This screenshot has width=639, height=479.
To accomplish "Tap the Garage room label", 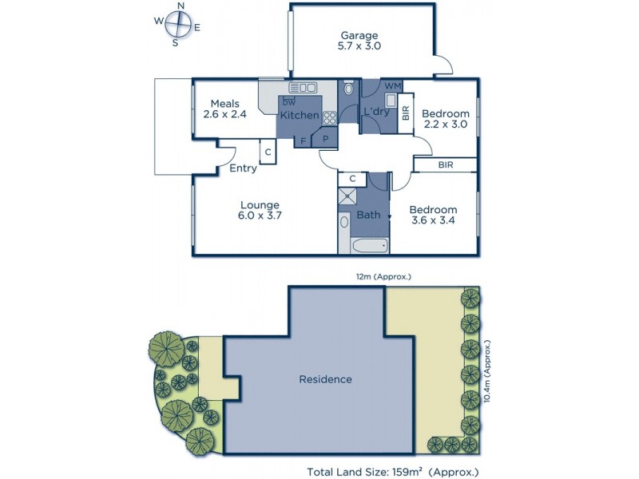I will pos(360,41).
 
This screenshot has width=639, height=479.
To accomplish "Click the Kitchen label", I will pos(300,116).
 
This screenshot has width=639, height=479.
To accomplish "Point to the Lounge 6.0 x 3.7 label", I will pos(260,210).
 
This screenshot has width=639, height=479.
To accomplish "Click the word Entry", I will pos(243,168).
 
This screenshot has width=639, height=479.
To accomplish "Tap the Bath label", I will pos(368,215).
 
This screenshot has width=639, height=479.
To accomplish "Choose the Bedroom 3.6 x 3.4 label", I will pos(433,216).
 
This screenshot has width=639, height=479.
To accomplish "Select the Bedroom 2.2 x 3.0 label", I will pos(447,119).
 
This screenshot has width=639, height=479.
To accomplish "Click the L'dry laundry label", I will pos(376,112).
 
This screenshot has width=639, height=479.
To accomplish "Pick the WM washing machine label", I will pos(392,86).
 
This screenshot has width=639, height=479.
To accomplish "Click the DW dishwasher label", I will pos(289,102).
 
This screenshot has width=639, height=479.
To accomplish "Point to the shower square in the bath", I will pos(348,197).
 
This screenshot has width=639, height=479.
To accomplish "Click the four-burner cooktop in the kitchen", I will pos(329,117).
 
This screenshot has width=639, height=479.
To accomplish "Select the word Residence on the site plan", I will pos(325,379).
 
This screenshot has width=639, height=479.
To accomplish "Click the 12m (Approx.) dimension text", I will pos(383,277).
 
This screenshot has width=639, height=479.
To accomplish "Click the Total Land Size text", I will pos(393,472).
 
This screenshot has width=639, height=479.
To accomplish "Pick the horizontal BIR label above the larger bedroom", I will pos(447,164).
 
